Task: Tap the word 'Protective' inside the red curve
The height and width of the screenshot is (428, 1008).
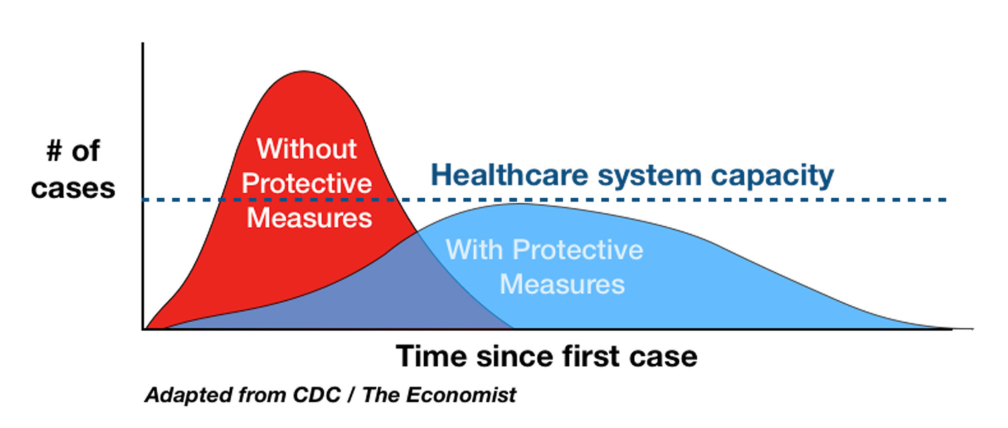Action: tap(307, 184)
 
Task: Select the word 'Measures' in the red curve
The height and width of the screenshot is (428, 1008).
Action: tap(309, 218)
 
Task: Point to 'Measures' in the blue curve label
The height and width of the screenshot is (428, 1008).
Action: tap(562, 284)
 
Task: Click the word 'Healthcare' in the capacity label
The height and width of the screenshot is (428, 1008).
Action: tap(510, 175)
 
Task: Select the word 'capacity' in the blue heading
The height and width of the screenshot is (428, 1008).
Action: tap(772, 176)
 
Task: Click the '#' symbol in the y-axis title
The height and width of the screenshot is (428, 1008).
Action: tap(54, 151)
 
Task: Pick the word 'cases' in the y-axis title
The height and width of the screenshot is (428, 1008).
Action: tap(73, 188)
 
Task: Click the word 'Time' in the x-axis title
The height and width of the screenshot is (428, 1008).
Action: tap(432, 356)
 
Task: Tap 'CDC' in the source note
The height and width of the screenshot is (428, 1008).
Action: tap(317, 395)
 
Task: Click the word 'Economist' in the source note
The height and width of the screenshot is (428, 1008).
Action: tap(461, 395)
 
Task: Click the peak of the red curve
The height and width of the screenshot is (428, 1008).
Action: tap(304, 71)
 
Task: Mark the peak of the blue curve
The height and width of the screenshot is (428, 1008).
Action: tap(520, 204)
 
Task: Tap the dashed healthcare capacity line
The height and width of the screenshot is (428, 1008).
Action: tap(545, 199)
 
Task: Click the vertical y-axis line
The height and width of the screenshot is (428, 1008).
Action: tap(143, 186)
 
